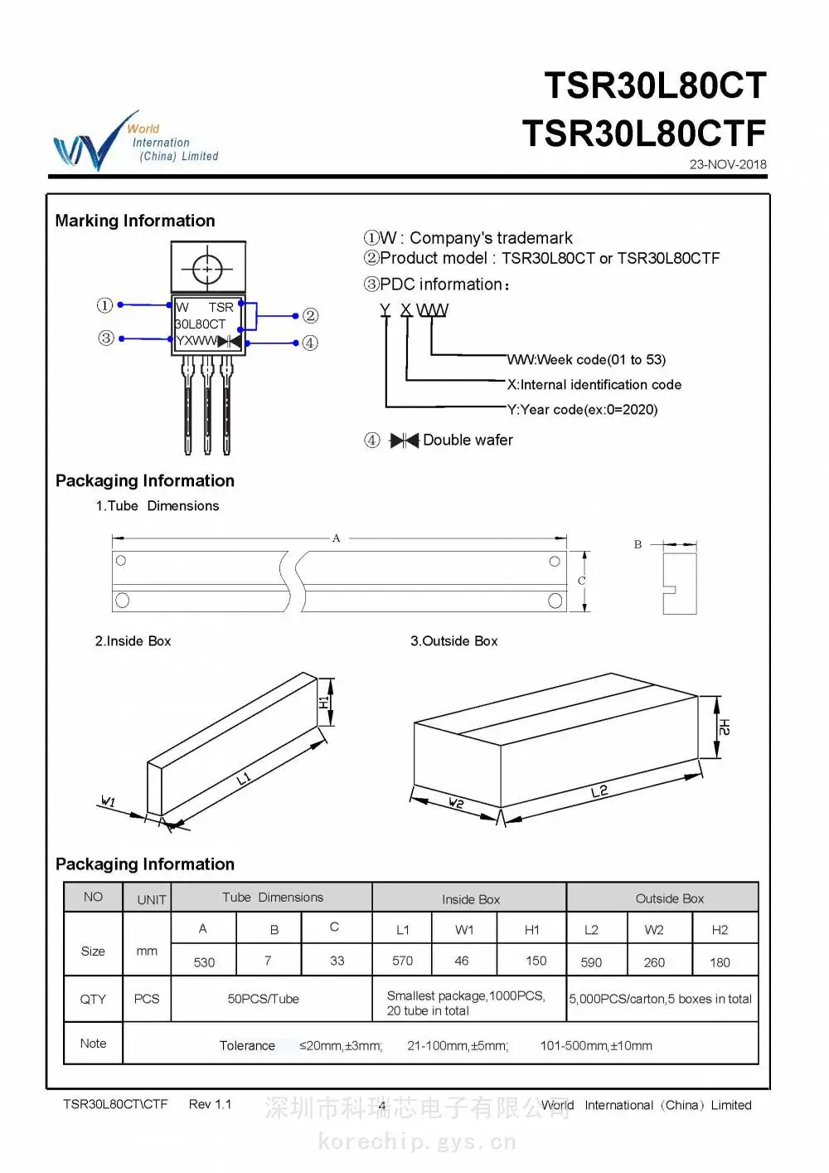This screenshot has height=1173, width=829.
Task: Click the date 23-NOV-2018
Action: [728, 164]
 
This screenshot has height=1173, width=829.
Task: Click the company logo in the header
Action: [136, 140]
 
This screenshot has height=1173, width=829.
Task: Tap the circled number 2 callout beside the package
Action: [310, 315]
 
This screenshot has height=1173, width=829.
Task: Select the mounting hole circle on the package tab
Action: [208, 269]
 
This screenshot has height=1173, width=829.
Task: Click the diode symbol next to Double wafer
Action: [405, 440]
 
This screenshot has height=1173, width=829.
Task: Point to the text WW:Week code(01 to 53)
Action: [586, 360]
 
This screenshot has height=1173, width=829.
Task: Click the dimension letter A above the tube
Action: [336, 538]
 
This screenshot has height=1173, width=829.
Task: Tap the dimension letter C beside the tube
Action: [581, 581]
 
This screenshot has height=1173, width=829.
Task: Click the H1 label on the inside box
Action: [324, 703]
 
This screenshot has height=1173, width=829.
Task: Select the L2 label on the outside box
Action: [599, 791]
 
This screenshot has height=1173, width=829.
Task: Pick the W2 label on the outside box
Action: [456, 802]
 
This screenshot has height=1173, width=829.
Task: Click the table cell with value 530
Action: [204, 962]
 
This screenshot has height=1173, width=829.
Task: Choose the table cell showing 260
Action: [654, 962]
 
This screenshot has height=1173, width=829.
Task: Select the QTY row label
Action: [93, 999]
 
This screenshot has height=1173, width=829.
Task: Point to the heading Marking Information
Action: [135, 221]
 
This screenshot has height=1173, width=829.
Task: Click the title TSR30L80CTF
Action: [644, 133]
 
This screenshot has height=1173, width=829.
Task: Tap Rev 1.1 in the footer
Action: [210, 1104]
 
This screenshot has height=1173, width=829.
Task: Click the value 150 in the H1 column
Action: [536, 961]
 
